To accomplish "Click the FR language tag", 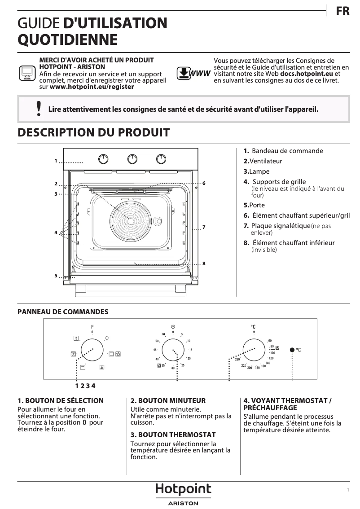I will pyautogui.click(x=342, y=11).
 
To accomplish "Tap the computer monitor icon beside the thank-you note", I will pyautogui.click(x=27, y=73).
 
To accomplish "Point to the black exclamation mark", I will pyautogui.click(x=39, y=109).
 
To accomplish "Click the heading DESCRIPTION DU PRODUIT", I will pyautogui.click(x=93, y=132).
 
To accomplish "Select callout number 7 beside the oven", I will pyautogui.click(x=204, y=228).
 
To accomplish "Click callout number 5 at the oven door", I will pyautogui.click(x=56, y=275).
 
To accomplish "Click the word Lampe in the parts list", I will pyautogui.click(x=259, y=171).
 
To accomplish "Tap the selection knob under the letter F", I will pyautogui.click(x=92, y=350).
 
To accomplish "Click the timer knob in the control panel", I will pyautogui.click(x=173, y=350).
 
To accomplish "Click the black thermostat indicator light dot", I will pyautogui.click(x=292, y=350).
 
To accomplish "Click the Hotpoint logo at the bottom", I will pyautogui.click(x=183, y=490).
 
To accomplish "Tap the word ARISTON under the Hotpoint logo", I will pyautogui.click(x=183, y=504).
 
